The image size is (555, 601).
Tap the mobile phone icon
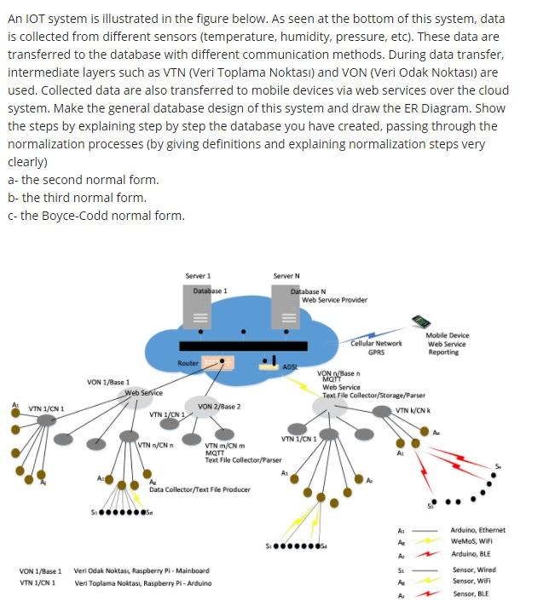click(x=420, y=321)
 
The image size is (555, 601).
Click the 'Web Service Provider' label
click(x=334, y=299)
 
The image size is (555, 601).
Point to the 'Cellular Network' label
click(x=376, y=344)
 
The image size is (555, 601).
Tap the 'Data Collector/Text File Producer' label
click(x=199, y=489)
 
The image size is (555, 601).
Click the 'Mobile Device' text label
click(x=447, y=336)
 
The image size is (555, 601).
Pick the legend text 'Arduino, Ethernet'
click(x=478, y=529)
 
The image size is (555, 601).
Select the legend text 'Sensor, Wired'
click(x=474, y=569)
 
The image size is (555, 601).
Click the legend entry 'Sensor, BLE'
click(x=471, y=593)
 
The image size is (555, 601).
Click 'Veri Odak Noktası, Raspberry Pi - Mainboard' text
click(x=142, y=570)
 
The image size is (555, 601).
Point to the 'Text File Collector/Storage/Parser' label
click(x=373, y=395)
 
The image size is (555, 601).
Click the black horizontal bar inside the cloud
click(x=242, y=345)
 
